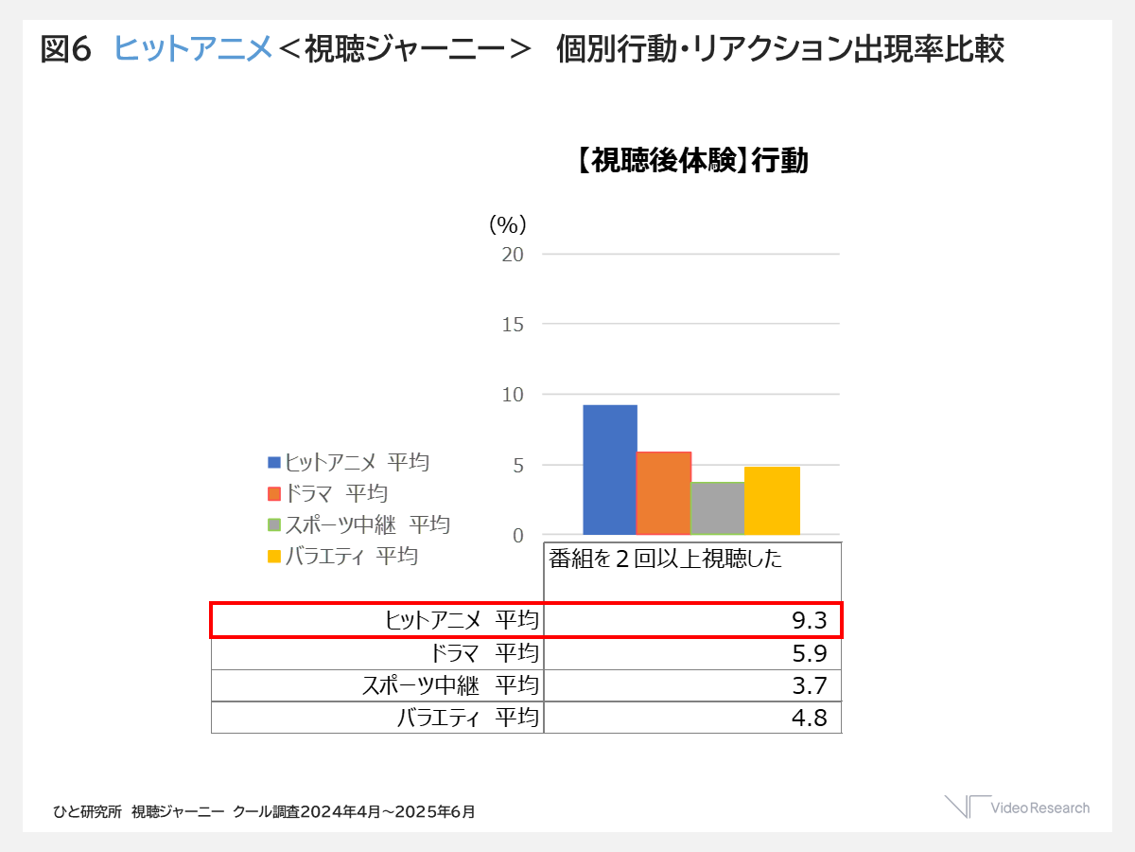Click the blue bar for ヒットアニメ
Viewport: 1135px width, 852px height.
[609, 470]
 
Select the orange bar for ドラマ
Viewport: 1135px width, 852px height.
[663, 493]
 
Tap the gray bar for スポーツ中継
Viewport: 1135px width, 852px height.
[717, 508]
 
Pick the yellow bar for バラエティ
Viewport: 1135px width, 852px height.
[772, 501]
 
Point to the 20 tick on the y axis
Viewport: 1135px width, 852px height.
[513, 254]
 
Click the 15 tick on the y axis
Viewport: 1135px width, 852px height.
[513, 324]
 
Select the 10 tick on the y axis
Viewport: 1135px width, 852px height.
[513, 394]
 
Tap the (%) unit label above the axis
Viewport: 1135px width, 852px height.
[507, 224]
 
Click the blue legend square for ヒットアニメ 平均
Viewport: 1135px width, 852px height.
[274, 462]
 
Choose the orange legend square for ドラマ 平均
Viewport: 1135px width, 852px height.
[274, 493]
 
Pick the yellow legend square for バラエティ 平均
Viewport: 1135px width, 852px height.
[274, 556]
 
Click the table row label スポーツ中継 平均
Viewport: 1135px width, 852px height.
[450, 685]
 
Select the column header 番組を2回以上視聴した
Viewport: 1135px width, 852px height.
[666, 559]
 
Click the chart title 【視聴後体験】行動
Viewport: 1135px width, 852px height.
[691, 162]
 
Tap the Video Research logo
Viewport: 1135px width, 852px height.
[1017, 808]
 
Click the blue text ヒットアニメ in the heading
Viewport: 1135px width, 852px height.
[193, 49]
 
